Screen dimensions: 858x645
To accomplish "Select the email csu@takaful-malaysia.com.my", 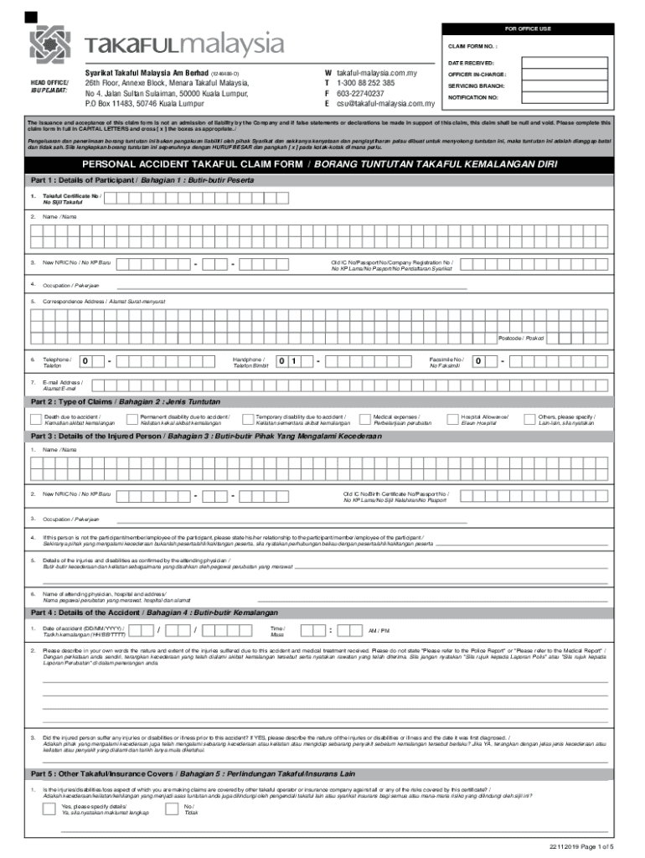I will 385,104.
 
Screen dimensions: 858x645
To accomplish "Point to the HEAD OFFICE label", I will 49,82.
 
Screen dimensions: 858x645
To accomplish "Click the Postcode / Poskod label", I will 520,338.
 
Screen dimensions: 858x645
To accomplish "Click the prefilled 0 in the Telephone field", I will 85,361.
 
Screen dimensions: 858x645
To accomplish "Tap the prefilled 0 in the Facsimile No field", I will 477,361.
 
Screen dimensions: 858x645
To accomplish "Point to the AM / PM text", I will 379,630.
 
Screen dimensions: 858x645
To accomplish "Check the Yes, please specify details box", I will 50,809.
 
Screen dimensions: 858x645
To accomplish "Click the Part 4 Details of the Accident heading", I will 142,612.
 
